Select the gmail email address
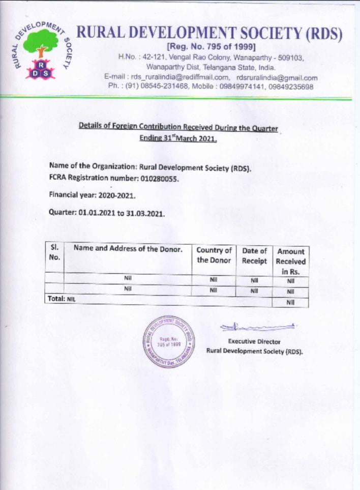pos(277,78)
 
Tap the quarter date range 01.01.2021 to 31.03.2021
pos(122,214)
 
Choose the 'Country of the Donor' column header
pos(214,255)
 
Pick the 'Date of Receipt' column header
pos(254,255)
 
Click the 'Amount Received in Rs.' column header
pos(291,261)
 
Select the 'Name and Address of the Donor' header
pos(128,248)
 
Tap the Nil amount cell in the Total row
pos(291,302)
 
